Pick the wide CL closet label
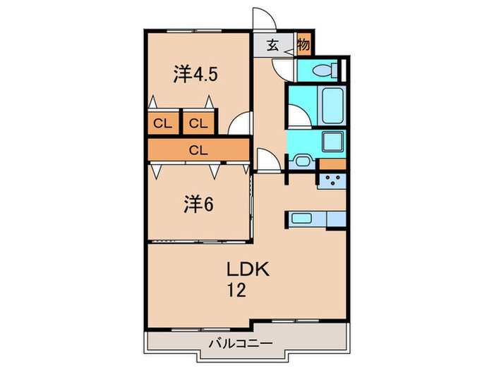coord(198,149)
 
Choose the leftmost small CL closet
coord(163,124)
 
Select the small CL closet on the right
coord(198,124)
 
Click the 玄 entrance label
coord(272,45)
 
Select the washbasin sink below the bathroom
coord(301,161)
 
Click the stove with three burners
coord(332,180)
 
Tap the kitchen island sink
coord(302,218)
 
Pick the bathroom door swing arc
coord(299,118)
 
